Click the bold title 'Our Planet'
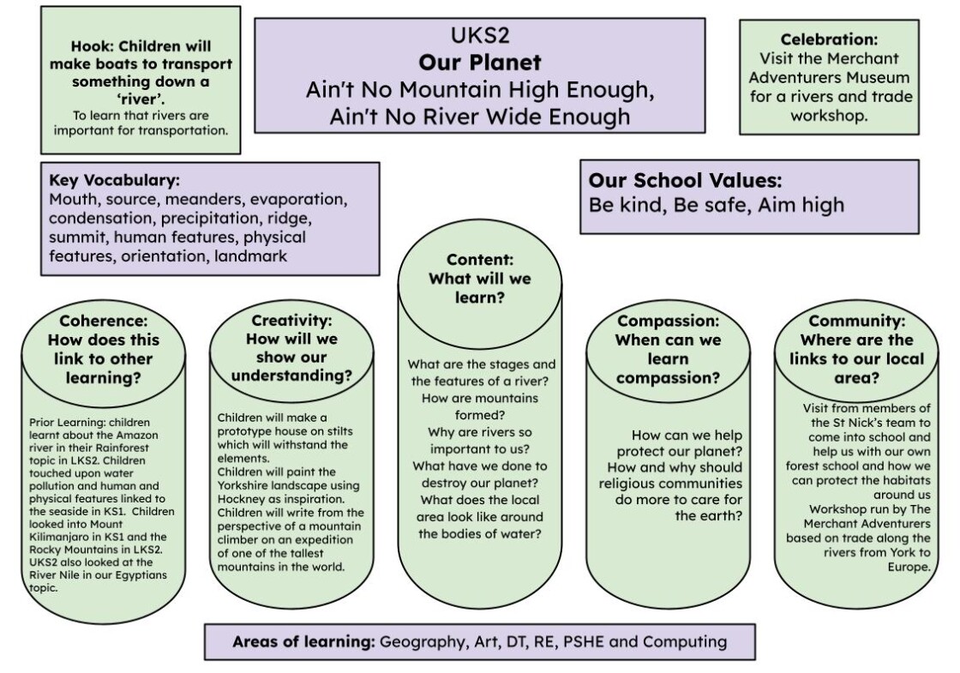480,63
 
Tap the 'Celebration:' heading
829,39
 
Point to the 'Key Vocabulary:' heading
115,180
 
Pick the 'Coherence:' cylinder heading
104,321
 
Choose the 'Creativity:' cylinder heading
291,321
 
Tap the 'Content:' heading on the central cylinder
480,260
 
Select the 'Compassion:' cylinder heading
668,321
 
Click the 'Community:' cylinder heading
856,321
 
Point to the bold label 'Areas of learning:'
303,642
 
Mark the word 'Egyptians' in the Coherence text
142,575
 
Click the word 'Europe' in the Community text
909,567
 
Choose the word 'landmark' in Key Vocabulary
250,256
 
